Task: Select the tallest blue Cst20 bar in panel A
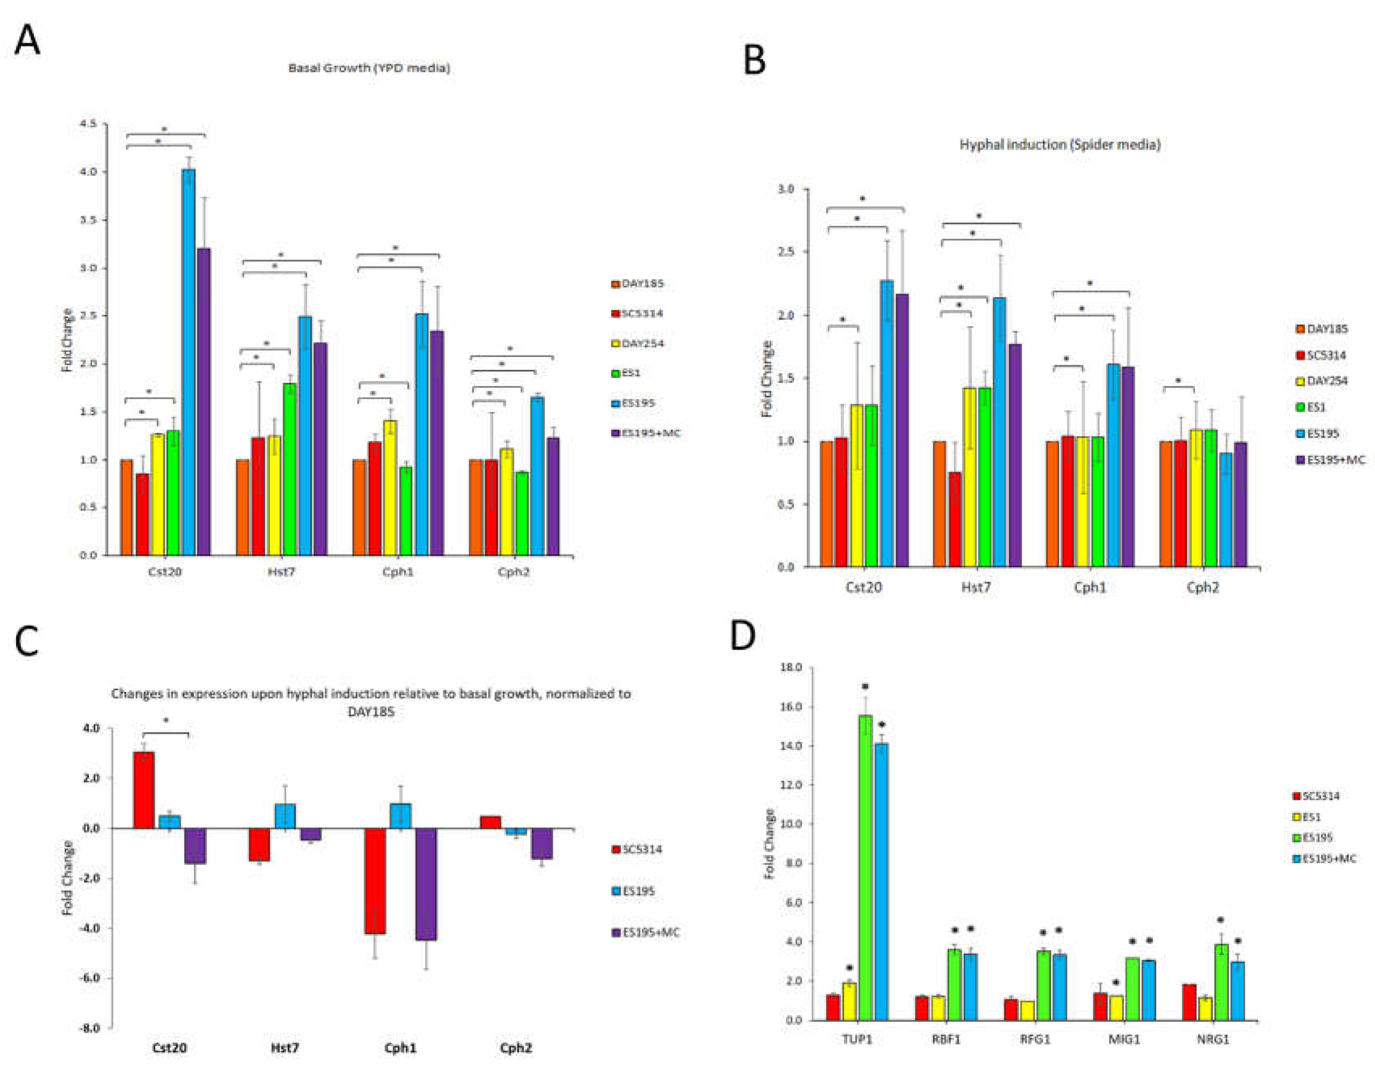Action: coord(188,362)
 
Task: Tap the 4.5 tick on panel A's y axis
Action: coord(89,124)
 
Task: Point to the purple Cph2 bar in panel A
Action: coord(553,496)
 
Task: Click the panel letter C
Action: coord(27,641)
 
